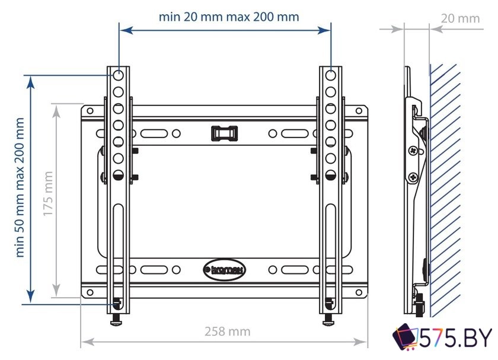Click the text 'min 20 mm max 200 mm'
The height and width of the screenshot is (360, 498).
coord(228,17)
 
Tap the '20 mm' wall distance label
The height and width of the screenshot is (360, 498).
coord(460,18)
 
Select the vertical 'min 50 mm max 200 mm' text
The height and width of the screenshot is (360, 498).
coord(21,187)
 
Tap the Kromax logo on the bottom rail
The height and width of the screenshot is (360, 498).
coord(223,269)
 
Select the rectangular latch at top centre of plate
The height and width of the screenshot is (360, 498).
coord(224,132)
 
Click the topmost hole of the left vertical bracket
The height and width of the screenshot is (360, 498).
coord(118,76)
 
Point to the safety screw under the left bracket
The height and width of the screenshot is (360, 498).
coord(116,319)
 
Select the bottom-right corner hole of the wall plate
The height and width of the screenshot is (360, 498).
coord(359,292)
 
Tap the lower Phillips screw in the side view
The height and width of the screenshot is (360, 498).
coord(412,176)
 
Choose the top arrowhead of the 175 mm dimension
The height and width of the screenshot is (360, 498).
coord(56,106)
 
